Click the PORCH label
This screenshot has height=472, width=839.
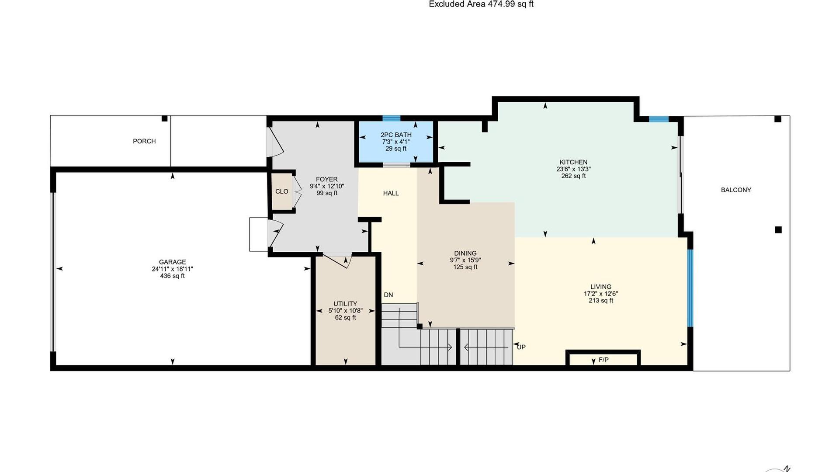(x=144, y=141)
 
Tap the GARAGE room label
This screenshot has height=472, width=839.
(x=172, y=262)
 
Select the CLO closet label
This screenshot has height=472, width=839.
(x=282, y=191)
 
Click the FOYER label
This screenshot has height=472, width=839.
(x=327, y=179)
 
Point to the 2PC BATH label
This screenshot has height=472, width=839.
(x=396, y=135)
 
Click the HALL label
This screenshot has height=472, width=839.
(x=391, y=193)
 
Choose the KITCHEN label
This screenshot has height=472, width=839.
(x=573, y=162)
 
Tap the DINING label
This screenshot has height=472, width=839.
(x=465, y=253)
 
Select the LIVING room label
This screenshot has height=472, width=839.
(x=601, y=287)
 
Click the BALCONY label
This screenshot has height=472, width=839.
(x=736, y=190)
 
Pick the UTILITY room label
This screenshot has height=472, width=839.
(x=345, y=304)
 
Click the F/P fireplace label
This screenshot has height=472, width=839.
(x=603, y=360)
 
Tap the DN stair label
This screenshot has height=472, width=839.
(x=388, y=295)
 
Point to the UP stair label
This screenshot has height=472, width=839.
(x=521, y=347)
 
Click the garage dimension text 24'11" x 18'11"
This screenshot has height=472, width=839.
(x=172, y=269)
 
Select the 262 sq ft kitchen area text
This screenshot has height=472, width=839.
(x=573, y=176)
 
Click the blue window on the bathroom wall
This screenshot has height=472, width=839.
(x=392, y=118)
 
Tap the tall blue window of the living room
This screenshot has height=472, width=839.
(x=690, y=288)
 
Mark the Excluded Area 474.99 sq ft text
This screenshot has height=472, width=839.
(x=481, y=4)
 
